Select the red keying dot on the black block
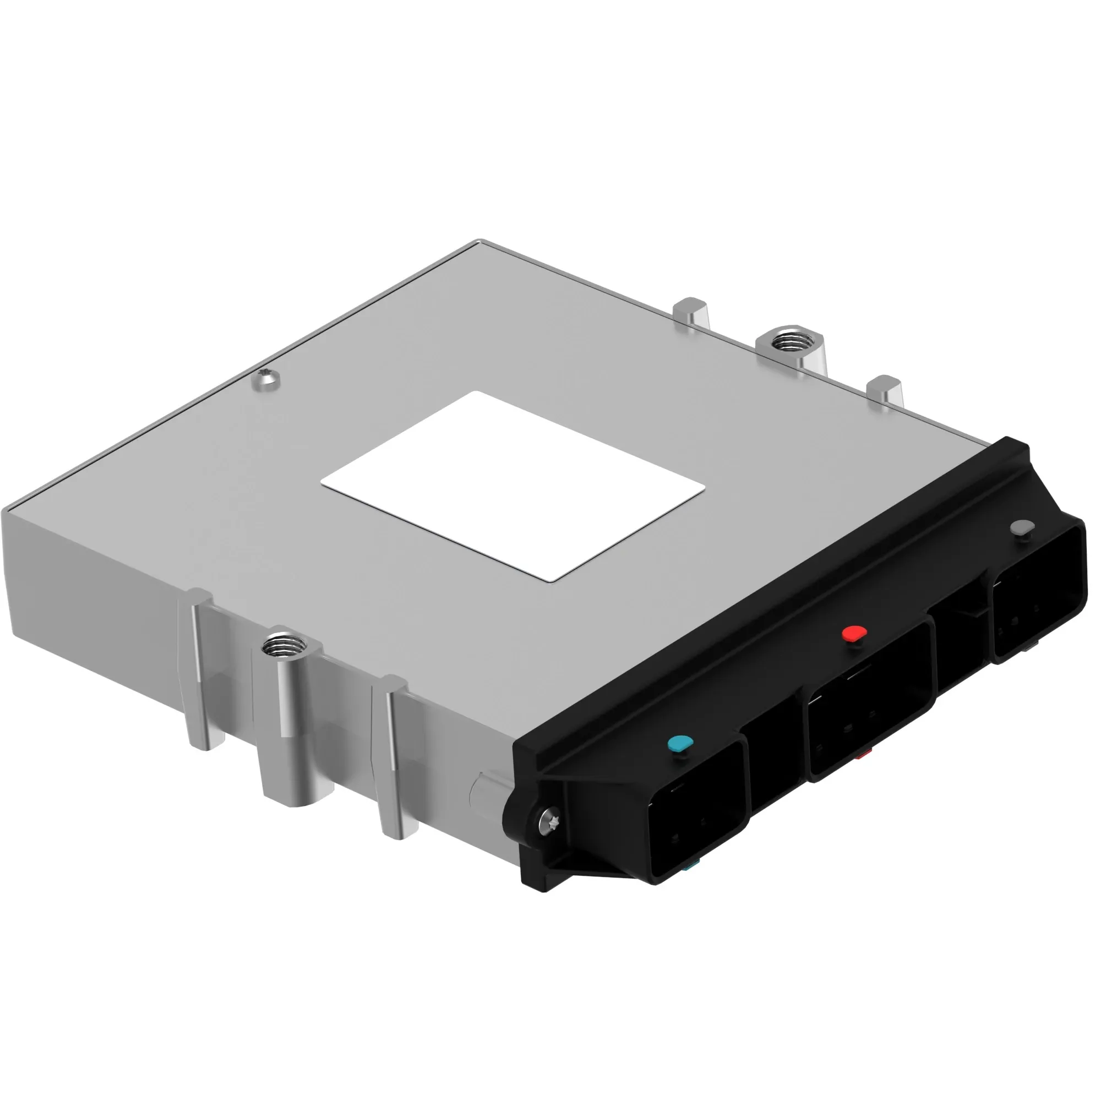coord(854,633)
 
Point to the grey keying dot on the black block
coord(1021,528)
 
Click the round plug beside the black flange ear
coord(484,792)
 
